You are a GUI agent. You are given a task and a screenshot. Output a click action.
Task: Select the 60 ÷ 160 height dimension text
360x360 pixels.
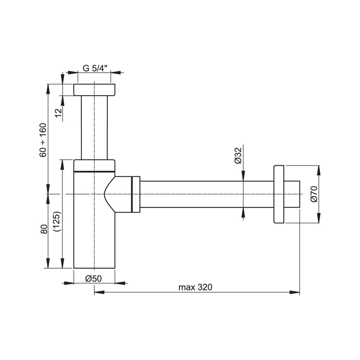(43, 140)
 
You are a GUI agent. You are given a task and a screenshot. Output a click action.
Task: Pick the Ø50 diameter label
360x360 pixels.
(93, 278)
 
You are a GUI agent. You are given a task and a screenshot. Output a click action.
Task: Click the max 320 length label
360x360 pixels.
(195, 287)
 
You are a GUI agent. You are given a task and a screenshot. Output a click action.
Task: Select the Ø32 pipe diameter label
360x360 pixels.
(238, 155)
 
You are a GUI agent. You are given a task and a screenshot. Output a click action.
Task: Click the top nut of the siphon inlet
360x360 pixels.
(94, 90)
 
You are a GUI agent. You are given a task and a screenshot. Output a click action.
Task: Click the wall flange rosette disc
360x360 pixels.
(278, 194)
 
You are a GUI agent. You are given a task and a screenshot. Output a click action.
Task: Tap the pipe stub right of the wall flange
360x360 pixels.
(292, 194)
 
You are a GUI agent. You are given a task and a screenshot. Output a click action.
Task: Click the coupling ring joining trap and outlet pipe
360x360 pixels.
(135, 194)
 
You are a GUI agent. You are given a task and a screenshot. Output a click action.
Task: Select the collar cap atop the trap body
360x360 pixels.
(94, 165)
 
